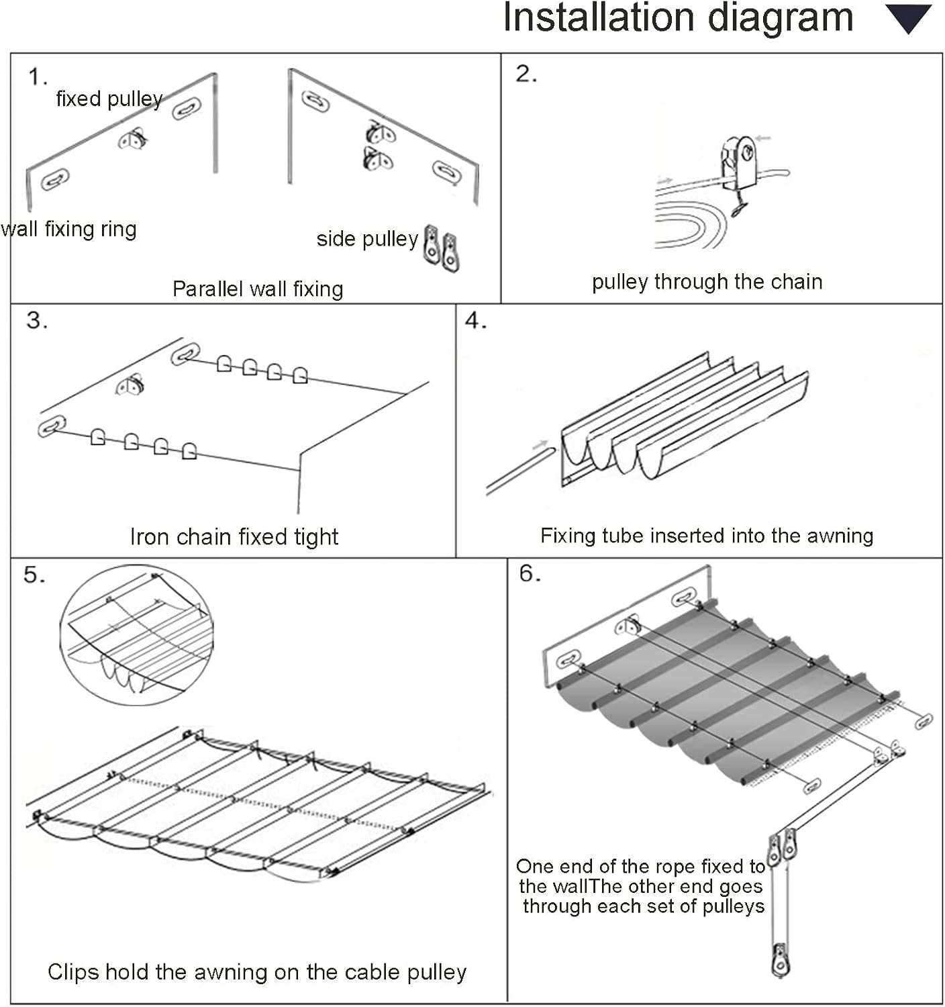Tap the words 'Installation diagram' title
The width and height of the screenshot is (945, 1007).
[678, 17]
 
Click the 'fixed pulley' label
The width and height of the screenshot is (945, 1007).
[109, 99]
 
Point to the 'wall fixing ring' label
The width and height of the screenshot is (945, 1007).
[68, 229]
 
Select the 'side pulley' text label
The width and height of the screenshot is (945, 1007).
[367, 239]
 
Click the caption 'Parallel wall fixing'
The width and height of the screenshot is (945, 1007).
[258, 289]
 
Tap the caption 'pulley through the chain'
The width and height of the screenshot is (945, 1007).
[707, 281]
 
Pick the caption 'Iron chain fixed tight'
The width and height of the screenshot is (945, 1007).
[234, 536]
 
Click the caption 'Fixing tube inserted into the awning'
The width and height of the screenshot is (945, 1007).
[707, 535]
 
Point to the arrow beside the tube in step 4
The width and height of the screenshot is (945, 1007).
[540, 444]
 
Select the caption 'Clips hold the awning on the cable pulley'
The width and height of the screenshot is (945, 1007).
[257, 971]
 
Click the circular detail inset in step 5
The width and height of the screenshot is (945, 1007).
[137, 634]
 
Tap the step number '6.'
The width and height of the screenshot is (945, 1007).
[530, 573]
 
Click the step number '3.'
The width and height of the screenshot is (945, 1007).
[37, 320]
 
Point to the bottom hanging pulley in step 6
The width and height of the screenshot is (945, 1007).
[780, 960]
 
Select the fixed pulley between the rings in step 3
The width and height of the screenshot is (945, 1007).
[132, 385]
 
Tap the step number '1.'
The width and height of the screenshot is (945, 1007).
[38, 77]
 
